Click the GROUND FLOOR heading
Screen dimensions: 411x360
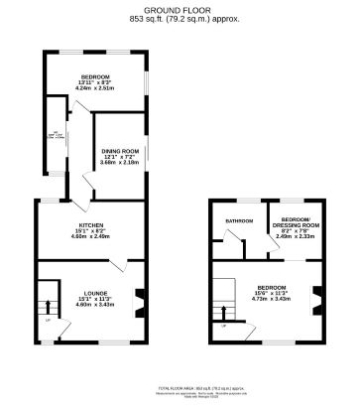[180, 10]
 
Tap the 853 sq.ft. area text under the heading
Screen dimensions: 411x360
[180, 18]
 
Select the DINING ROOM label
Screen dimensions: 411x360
[119, 151]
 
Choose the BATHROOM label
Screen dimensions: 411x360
[239, 220]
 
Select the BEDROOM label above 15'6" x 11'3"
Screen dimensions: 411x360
[272, 288]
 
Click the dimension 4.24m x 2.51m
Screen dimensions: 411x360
[95, 89]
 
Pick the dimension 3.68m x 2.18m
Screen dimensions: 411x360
[119, 163]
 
